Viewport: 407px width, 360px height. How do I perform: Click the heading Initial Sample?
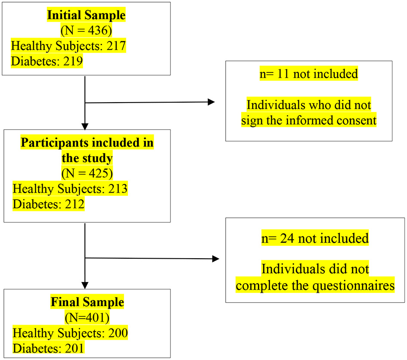coord(86,16)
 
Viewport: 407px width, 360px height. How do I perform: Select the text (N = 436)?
coord(86,31)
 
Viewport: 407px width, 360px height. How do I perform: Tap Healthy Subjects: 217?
coord(68,46)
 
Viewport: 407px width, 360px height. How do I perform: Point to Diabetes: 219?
coord(47,61)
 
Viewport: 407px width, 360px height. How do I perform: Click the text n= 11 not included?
coord(308,74)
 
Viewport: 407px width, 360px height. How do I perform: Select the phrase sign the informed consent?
coord(308,120)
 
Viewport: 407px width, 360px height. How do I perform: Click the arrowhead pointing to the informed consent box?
coord(211,102)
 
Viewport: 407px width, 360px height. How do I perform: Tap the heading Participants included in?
coord(86,143)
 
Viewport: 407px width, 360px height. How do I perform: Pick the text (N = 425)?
coord(86,173)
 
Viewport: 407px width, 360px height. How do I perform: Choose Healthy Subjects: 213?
coord(70,188)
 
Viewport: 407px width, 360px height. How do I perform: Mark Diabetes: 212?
coord(48,203)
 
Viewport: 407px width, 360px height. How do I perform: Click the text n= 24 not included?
coord(315,238)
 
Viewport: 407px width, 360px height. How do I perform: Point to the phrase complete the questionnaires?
coord(315,285)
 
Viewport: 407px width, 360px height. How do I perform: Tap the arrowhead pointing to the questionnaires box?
coord(216,259)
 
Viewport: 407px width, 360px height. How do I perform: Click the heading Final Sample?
coord(87,302)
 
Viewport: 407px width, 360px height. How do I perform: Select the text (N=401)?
coord(87,318)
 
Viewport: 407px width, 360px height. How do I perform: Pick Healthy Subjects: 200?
coord(70,333)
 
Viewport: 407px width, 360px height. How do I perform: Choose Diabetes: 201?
coord(48,348)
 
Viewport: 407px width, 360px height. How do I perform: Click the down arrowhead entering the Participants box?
coord(85,126)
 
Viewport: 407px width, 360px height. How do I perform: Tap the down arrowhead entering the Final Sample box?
coord(85,285)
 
